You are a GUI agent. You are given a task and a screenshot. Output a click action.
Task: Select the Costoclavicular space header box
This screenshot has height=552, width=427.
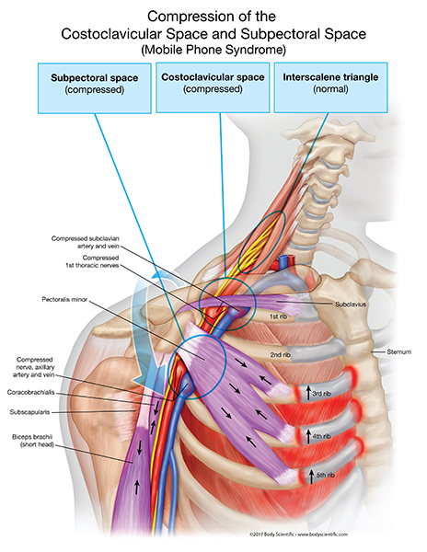coord(213,86)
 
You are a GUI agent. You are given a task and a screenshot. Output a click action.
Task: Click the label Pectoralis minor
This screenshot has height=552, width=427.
coord(65,299)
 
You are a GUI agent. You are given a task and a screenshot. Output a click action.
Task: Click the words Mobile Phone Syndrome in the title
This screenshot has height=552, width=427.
coord(213,48)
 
